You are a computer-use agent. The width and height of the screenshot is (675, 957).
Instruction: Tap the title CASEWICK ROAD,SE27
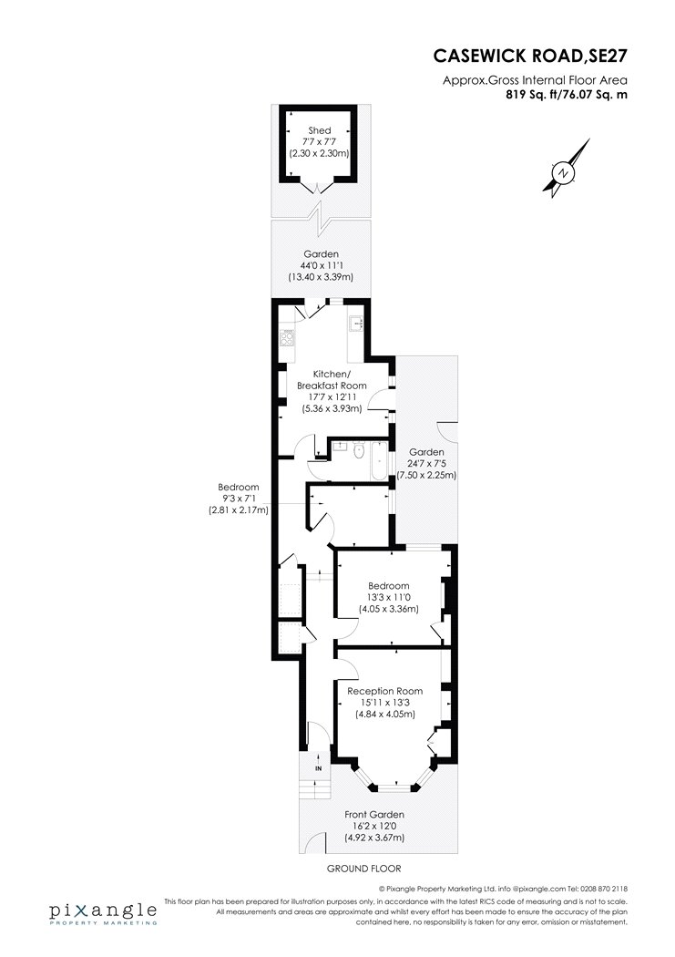point(530,56)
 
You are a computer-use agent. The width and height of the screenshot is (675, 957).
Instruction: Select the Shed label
point(320,130)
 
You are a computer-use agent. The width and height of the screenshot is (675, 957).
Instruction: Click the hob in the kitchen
point(287,337)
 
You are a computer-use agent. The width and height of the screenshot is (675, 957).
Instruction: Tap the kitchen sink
point(356,324)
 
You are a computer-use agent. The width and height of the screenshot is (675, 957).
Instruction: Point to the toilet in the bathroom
point(359,450)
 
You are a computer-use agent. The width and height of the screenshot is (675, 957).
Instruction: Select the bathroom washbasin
point(336,447)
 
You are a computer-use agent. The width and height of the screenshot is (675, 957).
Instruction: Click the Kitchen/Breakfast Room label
point(332,380)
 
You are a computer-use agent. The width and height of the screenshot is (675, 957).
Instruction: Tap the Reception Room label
point(384,691)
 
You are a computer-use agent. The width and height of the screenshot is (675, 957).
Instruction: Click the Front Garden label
point(374,814)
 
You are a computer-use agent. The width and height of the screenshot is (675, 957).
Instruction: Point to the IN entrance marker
point(318,769)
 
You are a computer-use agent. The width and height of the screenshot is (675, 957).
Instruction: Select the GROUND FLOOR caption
point(364,868)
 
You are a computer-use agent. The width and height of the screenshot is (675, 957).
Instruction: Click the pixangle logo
point(103,913)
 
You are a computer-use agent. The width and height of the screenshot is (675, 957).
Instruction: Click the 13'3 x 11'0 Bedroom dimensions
point(388,597)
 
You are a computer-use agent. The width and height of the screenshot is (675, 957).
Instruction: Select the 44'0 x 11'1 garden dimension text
point(321,265)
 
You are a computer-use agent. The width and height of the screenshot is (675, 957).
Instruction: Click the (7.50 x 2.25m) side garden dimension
point(426,475)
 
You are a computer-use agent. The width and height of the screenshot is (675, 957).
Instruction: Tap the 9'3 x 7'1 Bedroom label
point(239,499)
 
